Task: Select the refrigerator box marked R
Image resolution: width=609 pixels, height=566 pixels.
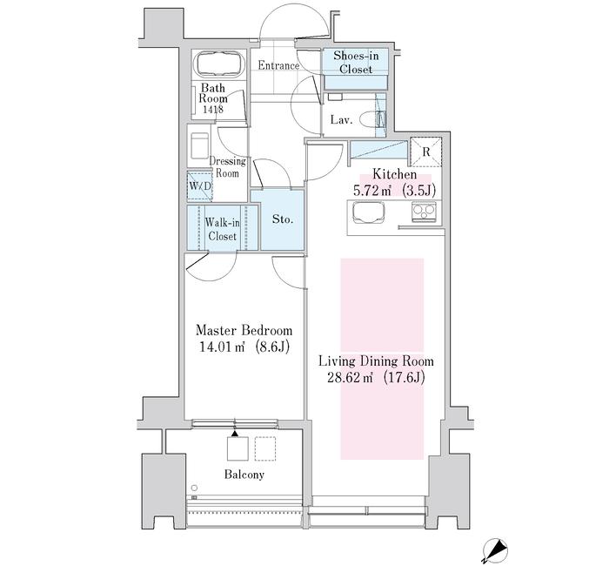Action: (426, 152)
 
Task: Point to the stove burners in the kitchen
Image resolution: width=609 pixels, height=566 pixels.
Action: (424, 212)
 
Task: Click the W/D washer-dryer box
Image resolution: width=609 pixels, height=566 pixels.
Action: (199, 185)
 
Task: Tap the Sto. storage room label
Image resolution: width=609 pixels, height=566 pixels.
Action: (283, 219)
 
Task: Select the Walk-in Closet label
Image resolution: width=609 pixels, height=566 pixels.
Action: (222, 229)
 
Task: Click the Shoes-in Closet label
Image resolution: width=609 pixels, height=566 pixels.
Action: (356, 62)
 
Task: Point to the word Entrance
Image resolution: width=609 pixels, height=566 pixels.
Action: (278, 65)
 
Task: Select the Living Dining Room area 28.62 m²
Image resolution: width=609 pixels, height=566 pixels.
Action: (350, 377)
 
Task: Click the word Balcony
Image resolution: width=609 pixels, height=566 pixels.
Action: (244, 475)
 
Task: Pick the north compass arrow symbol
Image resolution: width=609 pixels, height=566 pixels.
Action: (494, 549)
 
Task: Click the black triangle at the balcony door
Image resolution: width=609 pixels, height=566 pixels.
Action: (235, 433)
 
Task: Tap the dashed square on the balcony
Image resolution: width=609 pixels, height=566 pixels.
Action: (265, 448)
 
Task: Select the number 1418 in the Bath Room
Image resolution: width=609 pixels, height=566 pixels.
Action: (212, 109)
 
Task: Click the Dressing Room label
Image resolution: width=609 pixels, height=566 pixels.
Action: (227, 167)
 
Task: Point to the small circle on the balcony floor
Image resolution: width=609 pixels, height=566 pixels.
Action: (194, 488)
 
